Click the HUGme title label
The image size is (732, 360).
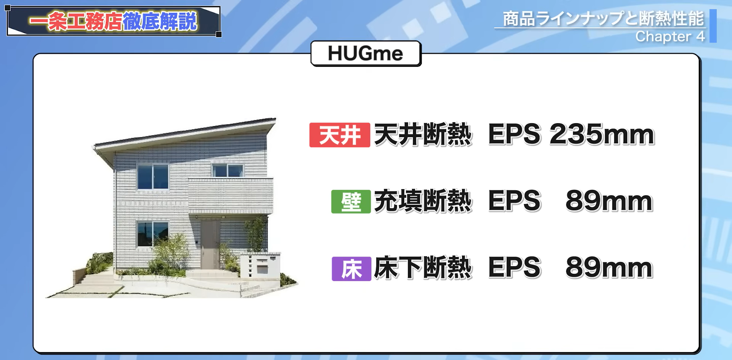click(366, 53)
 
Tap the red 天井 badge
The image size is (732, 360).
click(339, 135)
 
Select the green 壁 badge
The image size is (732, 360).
click(351, 201)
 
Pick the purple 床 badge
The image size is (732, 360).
click(351, 269)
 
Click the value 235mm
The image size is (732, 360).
click(602, 135)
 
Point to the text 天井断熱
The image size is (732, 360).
click(423, 135)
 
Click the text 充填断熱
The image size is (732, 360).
click(423, 201)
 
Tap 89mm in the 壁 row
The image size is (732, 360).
click(609, 201)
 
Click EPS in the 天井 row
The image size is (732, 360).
click(514, 135)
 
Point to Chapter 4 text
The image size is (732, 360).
click(670, 37)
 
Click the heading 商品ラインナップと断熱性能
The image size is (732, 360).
click(603, 19)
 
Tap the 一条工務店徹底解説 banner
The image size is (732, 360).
click(113, 21)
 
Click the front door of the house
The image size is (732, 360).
click(210, 244)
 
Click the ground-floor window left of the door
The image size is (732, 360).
click(152, 233)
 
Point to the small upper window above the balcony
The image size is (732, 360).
click(228, 170)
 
